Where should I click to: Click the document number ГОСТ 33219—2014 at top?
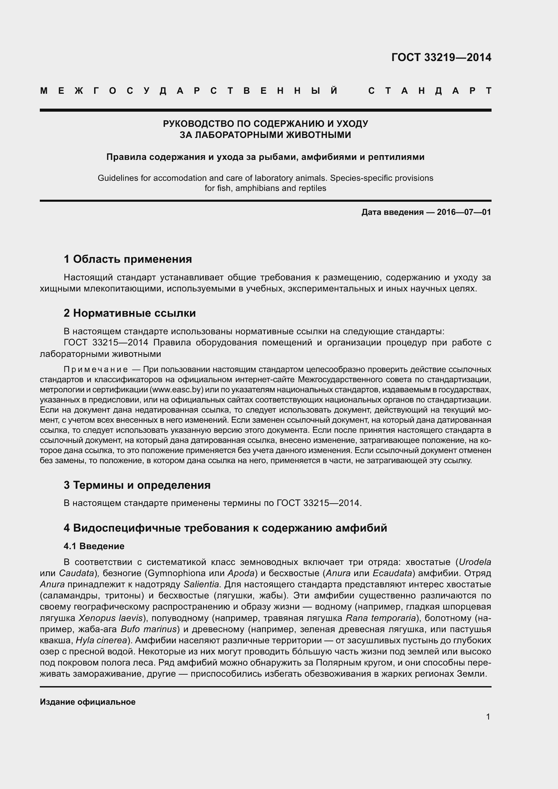[441, 57]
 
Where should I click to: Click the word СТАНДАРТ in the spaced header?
[429, 91]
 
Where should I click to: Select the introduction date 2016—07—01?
[464, 212]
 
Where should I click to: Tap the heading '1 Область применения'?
[128, 259]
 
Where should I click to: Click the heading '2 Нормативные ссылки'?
[130, 313]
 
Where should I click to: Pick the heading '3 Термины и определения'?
[137, 485]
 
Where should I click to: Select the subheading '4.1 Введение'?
[94, 546]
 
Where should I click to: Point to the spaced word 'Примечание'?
[96, 369]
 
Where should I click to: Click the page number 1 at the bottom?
[488, 716]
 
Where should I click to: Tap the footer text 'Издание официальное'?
[88, 702]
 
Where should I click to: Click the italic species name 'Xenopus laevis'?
[110, 618]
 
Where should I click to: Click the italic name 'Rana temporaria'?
[380, 618]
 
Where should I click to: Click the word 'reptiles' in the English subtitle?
[312, 188]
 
